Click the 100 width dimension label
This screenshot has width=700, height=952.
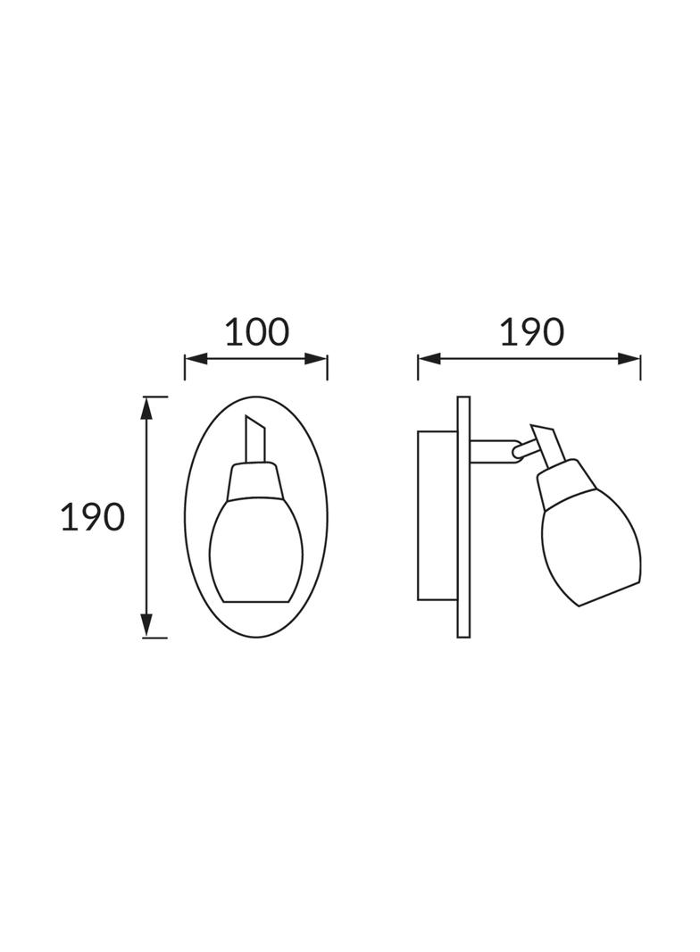tap(257, 332)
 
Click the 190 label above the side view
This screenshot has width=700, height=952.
tap(532, 332)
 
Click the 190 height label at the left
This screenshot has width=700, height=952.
tap(92, 518)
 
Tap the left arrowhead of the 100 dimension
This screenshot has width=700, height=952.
tap(196, 359)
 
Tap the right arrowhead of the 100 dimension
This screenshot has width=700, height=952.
tap(316, 359)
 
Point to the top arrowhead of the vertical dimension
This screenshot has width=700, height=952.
tap(146, 409)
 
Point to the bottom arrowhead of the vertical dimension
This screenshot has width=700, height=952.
tap(146, 625)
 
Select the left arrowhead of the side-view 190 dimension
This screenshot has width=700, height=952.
tap(429, 359)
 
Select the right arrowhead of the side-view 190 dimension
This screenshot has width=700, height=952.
tap(629, 359)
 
